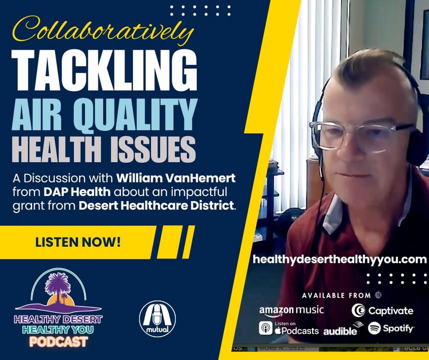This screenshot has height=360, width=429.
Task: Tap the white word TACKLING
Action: click(x=104, y=70)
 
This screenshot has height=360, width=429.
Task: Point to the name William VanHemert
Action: click(x=176, y=178)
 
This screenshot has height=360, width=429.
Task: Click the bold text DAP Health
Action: click(x=77, y=192)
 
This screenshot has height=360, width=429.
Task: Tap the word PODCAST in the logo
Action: click(x=59, y=341)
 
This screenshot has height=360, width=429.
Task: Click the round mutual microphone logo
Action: click(x=157, y=318)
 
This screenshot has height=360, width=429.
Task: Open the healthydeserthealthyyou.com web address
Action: click(x=340, y=259)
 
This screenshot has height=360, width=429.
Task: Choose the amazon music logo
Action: click(x=291, y=311)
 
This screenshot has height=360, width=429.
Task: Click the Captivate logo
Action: click(x=382, y=310)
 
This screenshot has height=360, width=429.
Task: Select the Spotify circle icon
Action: click(x=374, y=328)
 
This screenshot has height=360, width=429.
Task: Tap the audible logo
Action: click(x=343, y=329)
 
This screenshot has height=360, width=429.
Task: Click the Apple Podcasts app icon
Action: click(x=266, y=328)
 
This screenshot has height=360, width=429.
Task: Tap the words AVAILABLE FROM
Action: click(x=336, y=295)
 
